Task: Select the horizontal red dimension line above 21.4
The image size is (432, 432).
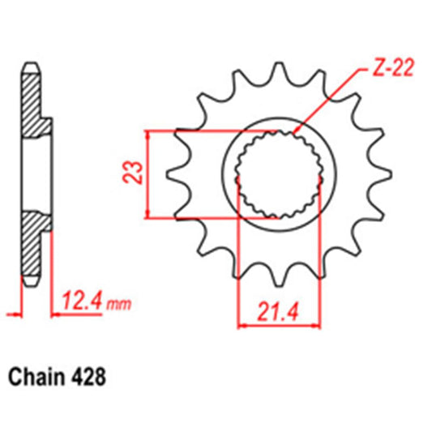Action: click(x=278, y=326)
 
